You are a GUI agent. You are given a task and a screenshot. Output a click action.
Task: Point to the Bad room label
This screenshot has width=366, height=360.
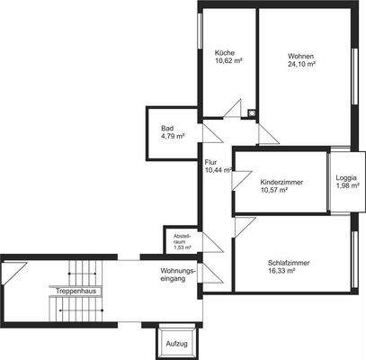pos(166,129)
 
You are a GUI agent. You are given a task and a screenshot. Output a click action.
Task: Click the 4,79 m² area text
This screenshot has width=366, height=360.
pos(173,137)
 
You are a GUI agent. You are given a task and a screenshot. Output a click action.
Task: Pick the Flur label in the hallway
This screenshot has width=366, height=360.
pos(210,161)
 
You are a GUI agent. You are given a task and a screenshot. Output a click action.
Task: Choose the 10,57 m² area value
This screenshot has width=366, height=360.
pos(273,191)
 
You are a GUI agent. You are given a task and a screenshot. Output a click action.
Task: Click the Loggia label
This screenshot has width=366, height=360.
pos(346,178)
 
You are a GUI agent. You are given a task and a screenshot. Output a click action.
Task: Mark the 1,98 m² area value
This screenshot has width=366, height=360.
pos(346,187)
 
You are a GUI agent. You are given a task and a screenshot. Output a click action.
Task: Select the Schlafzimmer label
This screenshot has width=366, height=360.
pos(289,263)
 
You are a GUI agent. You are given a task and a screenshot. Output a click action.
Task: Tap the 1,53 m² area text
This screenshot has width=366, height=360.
pos(183,247)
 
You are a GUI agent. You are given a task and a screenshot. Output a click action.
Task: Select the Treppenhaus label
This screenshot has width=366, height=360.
pos(76,291)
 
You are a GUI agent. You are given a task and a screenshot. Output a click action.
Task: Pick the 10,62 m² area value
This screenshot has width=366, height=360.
pos(228,62)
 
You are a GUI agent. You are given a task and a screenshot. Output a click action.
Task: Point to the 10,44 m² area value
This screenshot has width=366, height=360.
pos(217,170)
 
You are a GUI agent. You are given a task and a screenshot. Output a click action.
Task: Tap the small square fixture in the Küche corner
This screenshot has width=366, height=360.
pos(252,113)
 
